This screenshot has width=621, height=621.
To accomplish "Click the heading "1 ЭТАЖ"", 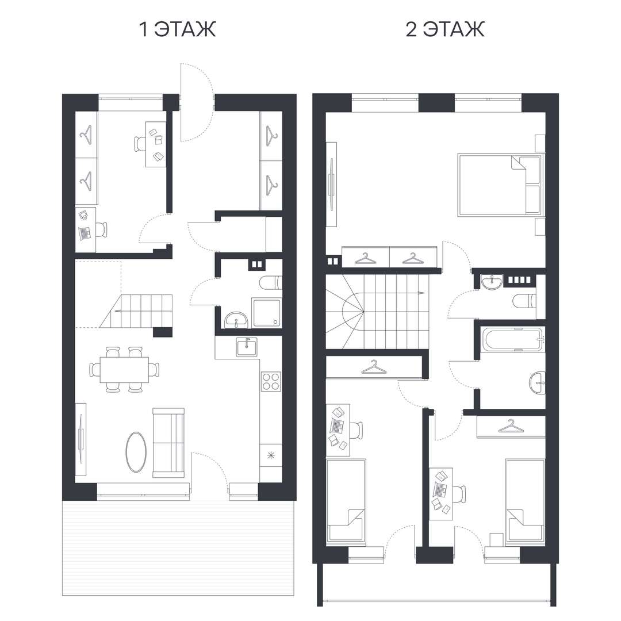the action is (178, 29).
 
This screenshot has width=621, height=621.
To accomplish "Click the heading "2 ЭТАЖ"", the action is (444, 29).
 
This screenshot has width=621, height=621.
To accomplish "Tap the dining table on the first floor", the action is (124, 370).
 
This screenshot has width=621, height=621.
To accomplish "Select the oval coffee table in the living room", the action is (136, 452).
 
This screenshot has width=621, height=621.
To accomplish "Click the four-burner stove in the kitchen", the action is (271, 381).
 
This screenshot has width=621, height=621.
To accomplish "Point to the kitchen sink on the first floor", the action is (247, 347).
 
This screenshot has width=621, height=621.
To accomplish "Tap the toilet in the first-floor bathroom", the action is (270, 283).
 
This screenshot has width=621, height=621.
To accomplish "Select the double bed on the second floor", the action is (500, 185).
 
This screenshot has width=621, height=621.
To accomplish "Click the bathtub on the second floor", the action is (511, 339).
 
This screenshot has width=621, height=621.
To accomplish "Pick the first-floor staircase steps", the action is (136, 311).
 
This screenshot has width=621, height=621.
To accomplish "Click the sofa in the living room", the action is (168, 442).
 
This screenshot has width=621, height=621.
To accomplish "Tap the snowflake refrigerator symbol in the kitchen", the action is (271, 455).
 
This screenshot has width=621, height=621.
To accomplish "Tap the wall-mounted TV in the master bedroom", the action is (332, 185).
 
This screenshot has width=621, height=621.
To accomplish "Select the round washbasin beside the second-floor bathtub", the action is (537, 383).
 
